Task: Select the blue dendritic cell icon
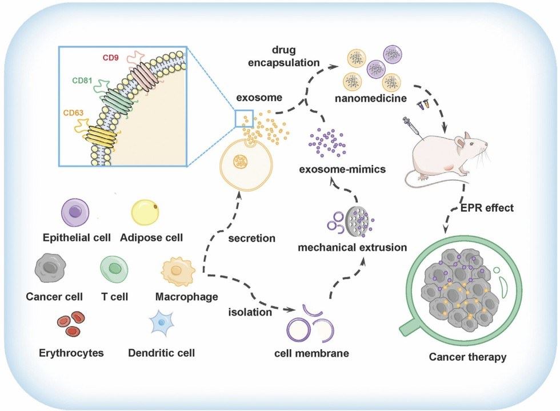[163, 324]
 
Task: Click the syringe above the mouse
[413, 126]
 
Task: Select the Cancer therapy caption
[467, 358]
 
